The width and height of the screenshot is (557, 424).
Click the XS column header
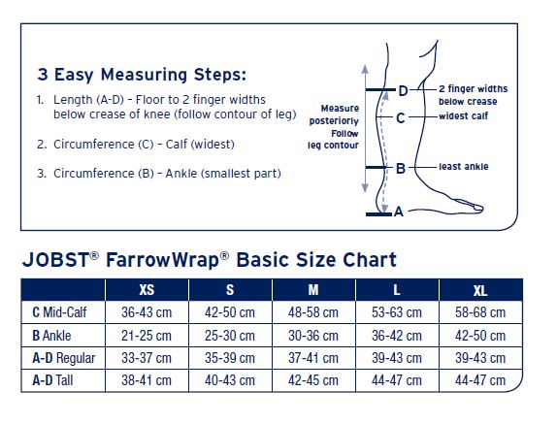click(x=147, y=290)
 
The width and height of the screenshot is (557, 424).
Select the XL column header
click(x=480, y=290)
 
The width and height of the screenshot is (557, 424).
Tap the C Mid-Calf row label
click(x=59, y=312)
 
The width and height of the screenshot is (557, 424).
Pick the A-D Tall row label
click(x=52, y=380)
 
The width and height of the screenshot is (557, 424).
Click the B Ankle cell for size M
click(x=313, y=336)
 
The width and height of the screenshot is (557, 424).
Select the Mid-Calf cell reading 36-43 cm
click(x=147, y=312)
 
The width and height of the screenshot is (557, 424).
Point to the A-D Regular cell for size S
click(x=229, y=358)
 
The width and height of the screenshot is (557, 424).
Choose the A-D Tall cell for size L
click(x=397, y=380)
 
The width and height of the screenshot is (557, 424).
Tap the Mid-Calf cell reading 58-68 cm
click(x=480, y=312)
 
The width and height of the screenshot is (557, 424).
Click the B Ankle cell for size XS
click(x=147, y=336)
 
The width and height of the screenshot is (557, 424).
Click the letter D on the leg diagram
click(x=403, y=91)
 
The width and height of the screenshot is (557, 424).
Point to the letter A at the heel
click(x=399, y=212)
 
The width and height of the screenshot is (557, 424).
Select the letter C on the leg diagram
click(x=401, y=118)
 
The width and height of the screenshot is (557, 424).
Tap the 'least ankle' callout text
click(x=463, y=166)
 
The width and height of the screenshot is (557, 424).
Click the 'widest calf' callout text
click(x=463, y=115)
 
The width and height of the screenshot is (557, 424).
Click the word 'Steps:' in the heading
click(x=219, y=75)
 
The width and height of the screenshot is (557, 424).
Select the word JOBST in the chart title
click(x=55, y=260)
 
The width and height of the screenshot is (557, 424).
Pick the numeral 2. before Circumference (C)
click(x=42, y=145)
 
